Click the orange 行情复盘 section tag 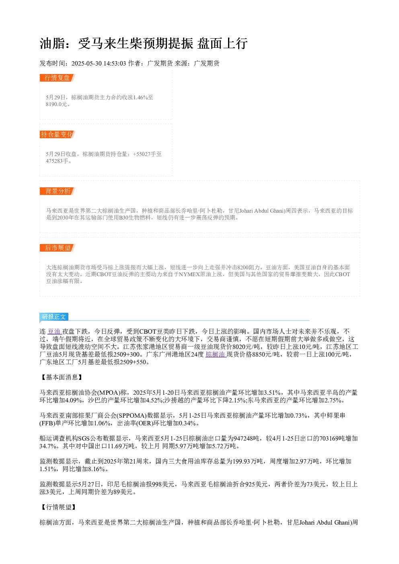(58, 78)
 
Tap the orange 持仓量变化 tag (58, 134)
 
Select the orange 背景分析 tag (58, 191)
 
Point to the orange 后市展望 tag (58, 248)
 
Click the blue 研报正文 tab (54, 317)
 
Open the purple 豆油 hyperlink (54, 332)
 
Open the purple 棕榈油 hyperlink (216, 355)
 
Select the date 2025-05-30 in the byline (86, 64)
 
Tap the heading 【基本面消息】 (62, 377)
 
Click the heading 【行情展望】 (58, 507)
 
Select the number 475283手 (57, 161)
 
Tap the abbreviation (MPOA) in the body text (109, 393)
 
